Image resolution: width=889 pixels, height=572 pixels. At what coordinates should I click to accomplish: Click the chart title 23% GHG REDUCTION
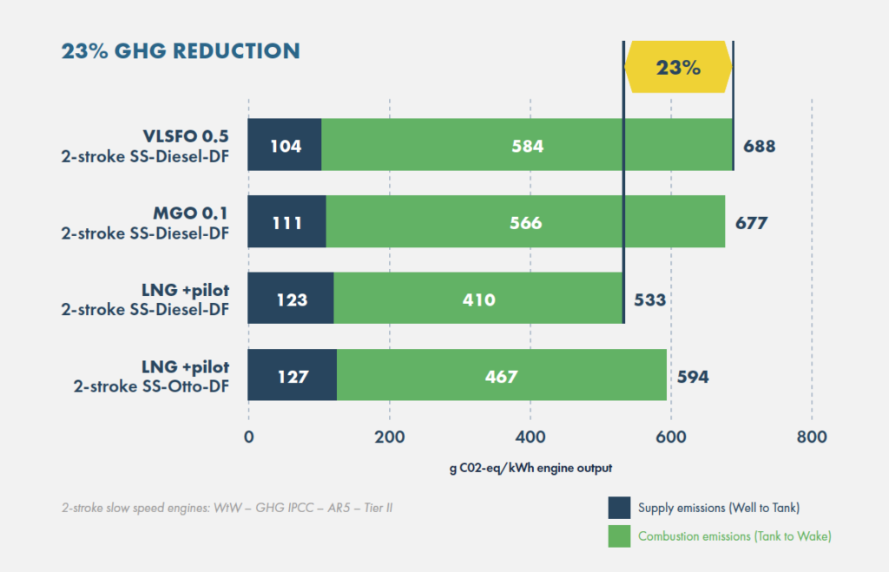point(181,50)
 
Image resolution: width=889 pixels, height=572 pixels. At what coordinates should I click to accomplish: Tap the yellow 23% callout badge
point(678,68)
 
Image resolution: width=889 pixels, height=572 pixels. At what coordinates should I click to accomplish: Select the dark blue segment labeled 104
point(285,146)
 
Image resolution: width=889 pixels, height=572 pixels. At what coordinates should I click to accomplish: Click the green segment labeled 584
point(527,146)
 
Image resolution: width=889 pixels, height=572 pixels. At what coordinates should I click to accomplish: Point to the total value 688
point(759,146)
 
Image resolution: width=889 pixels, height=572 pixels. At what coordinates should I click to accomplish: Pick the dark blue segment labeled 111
point(287,223)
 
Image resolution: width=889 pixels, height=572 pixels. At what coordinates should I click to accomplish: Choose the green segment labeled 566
point(525,223)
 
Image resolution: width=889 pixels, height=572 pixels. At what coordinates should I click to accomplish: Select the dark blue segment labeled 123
point(291,299)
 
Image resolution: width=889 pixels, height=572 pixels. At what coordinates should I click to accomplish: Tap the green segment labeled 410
point(478,299)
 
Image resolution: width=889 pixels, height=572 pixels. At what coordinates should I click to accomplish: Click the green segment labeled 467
point(501,376)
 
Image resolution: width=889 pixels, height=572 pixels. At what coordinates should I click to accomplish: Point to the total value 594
point(692,376)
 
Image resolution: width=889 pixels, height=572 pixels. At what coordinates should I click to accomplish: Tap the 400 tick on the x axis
point(530,437)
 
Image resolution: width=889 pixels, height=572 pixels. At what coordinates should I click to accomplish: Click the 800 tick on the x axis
point(811,437)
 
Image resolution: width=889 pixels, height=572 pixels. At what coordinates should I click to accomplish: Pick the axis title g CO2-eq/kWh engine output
point(530,468)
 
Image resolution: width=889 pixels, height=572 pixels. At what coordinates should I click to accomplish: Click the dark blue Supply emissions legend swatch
point(619,507)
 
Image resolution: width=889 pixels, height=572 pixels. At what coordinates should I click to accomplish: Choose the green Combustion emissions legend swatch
point(619,536)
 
